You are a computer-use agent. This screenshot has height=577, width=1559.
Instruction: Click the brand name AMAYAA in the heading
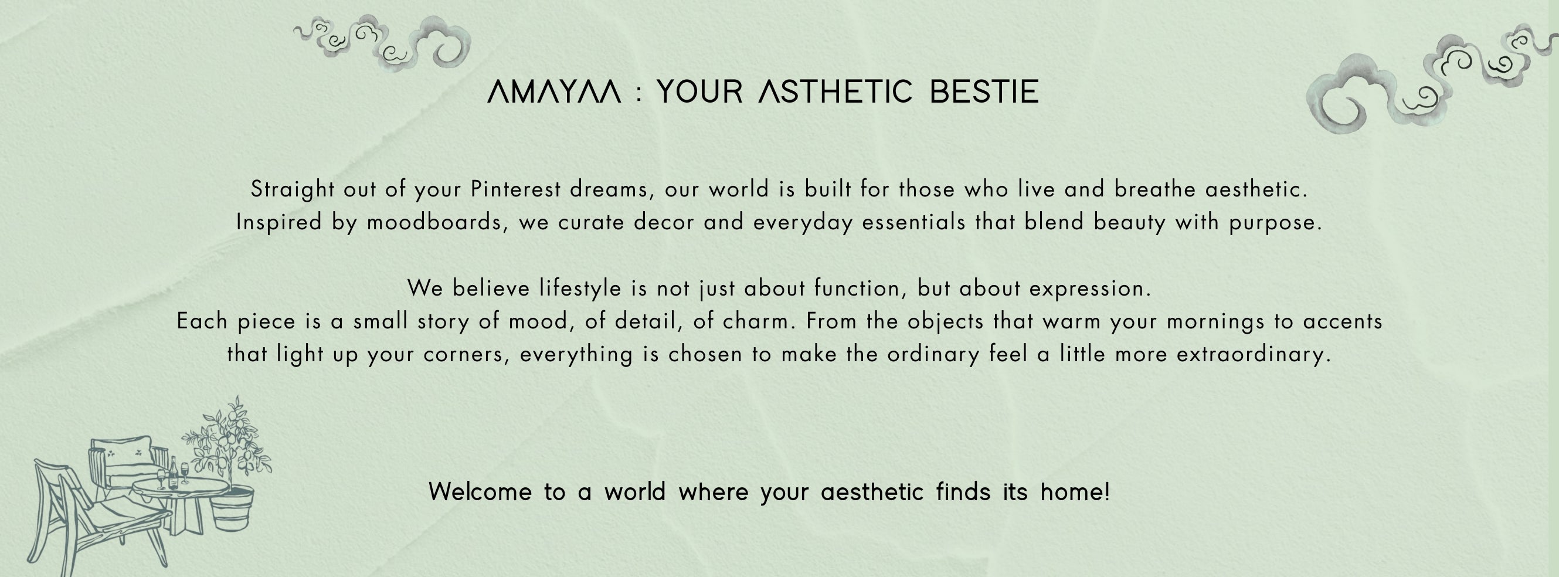[x=553, y=92]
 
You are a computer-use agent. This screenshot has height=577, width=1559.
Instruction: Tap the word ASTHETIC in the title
[x=835, y=92]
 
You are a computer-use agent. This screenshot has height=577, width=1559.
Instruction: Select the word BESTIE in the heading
[x=984, y=92]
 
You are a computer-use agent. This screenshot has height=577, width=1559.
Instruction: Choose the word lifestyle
[x=580, y=288]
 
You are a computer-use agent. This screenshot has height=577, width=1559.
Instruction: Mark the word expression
[x=1090, y=288]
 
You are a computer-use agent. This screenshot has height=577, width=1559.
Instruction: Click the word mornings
[x=1215, y=321]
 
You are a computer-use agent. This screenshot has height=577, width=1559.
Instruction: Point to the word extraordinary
[x=1254, y=354]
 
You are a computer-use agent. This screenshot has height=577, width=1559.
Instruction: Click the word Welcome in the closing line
[x=480, y=491]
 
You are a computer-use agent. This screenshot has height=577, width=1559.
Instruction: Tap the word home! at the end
[x=1075, y=491]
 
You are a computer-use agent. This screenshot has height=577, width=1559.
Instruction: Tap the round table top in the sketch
[x=181, y=486]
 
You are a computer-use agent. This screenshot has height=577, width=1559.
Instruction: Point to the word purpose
[x=1275, y=223]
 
